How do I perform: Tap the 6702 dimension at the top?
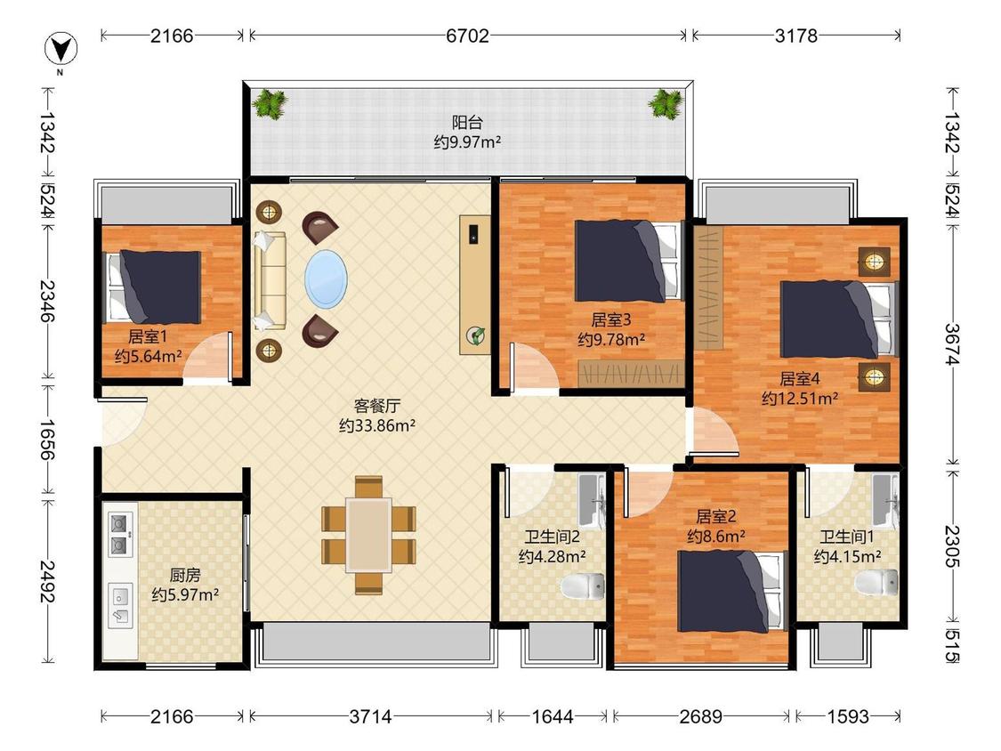467,36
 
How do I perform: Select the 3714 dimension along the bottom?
370,716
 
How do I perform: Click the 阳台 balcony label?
467,122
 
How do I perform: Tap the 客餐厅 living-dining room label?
377,406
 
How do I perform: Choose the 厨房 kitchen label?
185,575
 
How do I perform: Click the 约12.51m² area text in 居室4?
800,399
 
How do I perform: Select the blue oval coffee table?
327,279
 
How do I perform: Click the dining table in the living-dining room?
369,535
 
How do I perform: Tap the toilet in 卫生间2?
582,585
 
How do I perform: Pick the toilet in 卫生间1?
876,581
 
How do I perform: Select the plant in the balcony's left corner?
269,103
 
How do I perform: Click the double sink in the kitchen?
121,533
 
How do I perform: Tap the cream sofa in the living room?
269,280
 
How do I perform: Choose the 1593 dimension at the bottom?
848,716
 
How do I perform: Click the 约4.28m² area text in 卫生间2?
553,556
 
